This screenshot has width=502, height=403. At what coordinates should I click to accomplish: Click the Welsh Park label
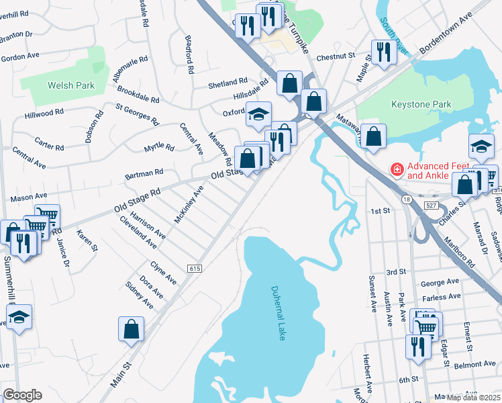(x=70, y=85)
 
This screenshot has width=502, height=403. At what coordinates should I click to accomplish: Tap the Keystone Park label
(x=421, y=104)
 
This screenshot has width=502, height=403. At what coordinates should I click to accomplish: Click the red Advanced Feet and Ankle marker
(x=397, y=169)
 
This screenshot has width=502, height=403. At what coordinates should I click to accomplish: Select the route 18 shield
(x=406, y=199)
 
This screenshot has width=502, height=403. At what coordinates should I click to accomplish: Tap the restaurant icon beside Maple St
(x=383, y=52)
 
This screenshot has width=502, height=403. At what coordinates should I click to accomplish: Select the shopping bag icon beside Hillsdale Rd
(x=289, y=83)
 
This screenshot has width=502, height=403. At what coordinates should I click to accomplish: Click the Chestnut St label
(x=336, y=57)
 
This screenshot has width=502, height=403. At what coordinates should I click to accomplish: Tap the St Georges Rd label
(x=137, y=114)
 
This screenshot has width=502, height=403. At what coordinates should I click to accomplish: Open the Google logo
(x=22, y=395)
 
